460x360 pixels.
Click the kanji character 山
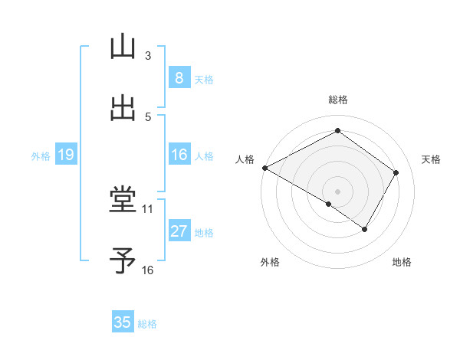point(123,47)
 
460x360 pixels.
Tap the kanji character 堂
point(123,201)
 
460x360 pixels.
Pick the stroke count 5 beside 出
point(148,116)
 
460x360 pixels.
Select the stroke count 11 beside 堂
point(148,208)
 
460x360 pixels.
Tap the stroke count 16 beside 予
point(148,270)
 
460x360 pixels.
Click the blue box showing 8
point(179,77)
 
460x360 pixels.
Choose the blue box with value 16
point(179,155)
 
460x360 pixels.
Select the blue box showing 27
point(179,231)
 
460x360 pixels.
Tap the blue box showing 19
point(66,155)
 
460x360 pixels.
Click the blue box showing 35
point(123,322)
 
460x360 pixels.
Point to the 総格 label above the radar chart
point(338,100)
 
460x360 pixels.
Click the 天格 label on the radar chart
point(431,159)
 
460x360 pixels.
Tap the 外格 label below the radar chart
point(269,262)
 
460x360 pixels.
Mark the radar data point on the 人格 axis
point(264,168)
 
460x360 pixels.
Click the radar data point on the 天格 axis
point(396,173)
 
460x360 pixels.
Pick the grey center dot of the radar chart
point(338,191)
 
